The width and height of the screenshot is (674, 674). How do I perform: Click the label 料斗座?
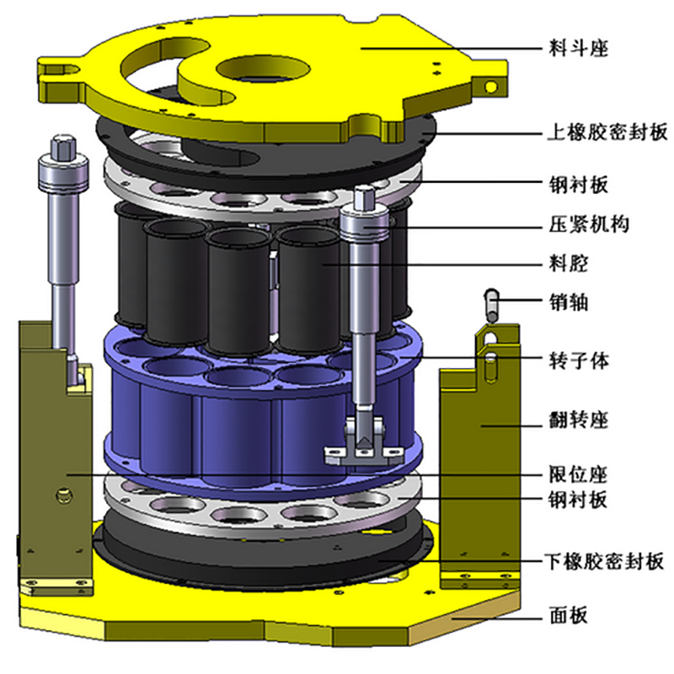[x=574, y=48]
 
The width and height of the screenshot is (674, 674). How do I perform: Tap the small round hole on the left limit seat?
[x=60, y=493]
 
